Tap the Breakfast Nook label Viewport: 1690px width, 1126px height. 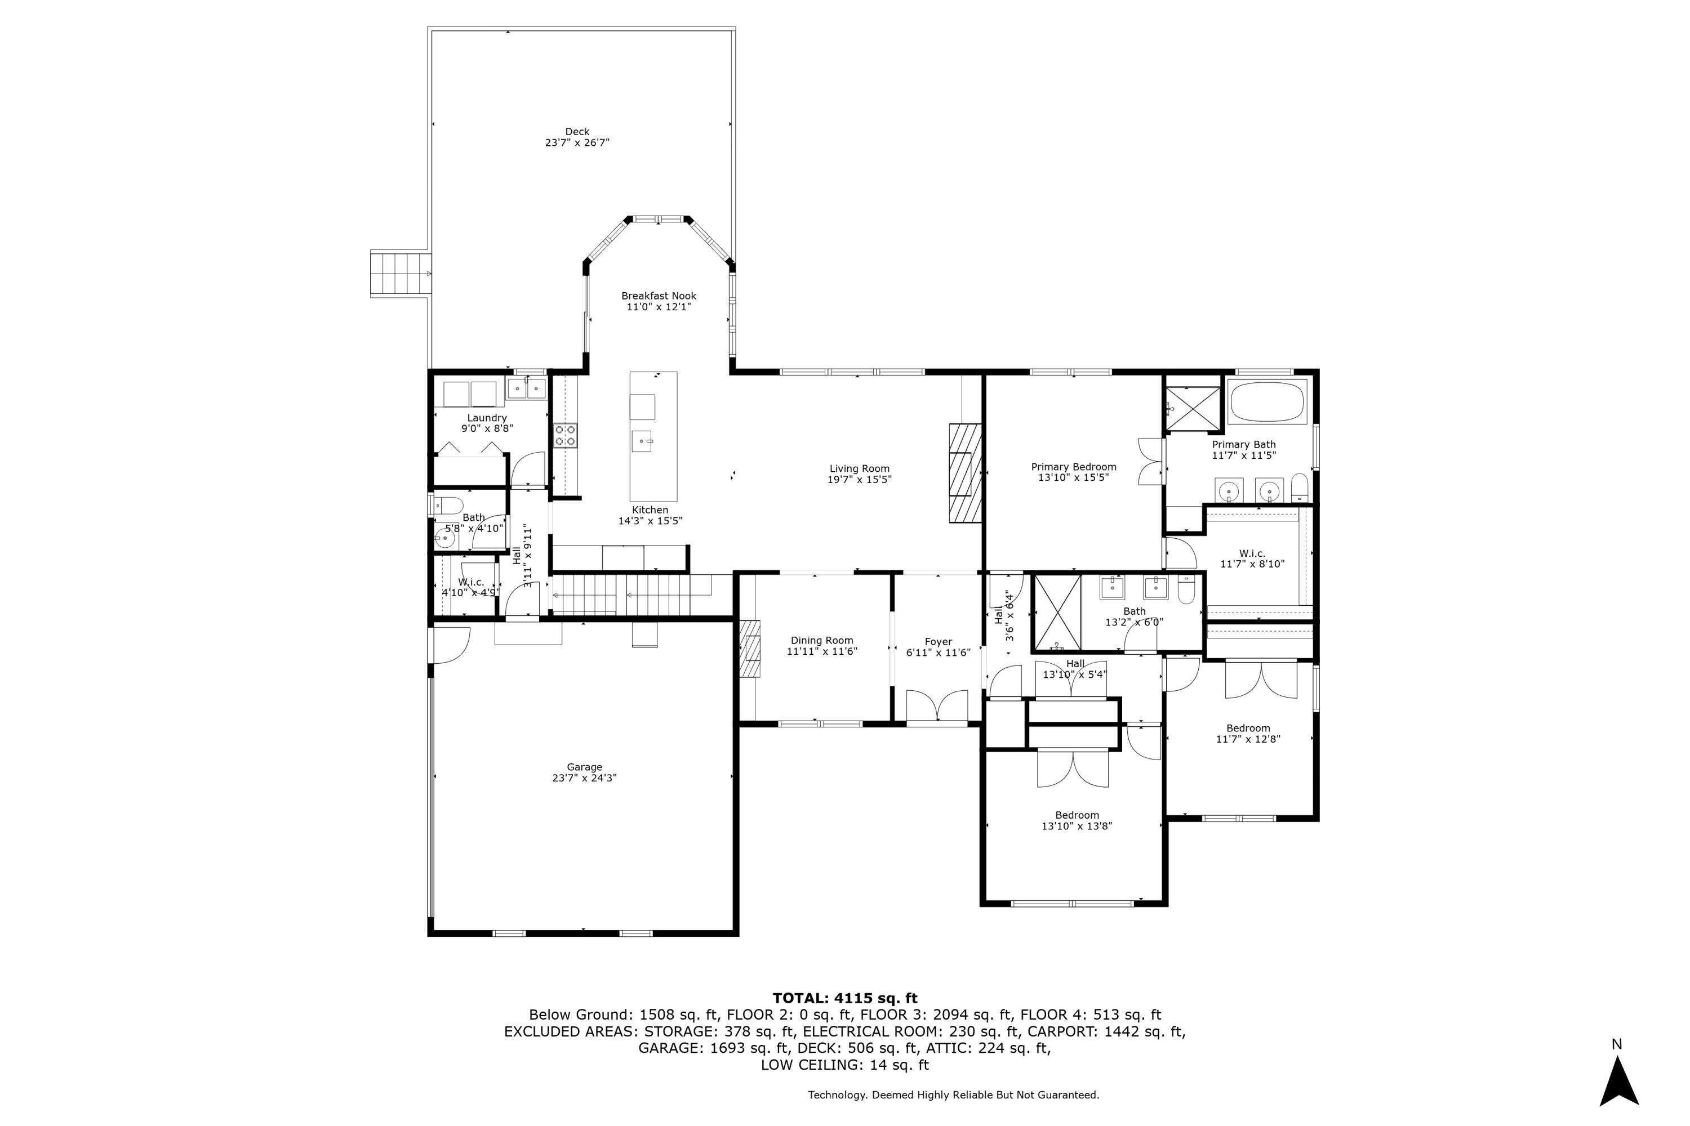pyautogui.click(x=659, y=296)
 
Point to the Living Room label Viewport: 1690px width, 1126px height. pyautogui.click(x=860, y=469)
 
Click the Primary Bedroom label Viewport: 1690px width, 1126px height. pyautogui.click(x=1074, y=467)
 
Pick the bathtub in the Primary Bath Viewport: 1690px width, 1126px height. pyautogui.click(x=1267, y=402)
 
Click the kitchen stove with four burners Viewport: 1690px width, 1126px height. pyautogui.click(x=565, y=435)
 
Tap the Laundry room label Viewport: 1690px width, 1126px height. pyautogui.click(x=487, y=418)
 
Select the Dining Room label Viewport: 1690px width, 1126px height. pyautogui.click(x=822, y=641)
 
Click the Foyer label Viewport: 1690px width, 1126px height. pyautogui.click(x=939, y=642)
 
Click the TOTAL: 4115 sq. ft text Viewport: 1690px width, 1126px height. pyautogui.click(x=845, y=998)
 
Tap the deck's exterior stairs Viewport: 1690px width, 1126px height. pyautogui.click(x=401, y=274)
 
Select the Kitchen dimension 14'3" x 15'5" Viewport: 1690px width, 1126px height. pyautogui.click(x=650, y=521)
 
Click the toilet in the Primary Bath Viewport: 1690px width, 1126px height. pyautogui.click(x=1300, y=488)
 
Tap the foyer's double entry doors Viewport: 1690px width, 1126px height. pyautogui.click(x=937, y=705)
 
